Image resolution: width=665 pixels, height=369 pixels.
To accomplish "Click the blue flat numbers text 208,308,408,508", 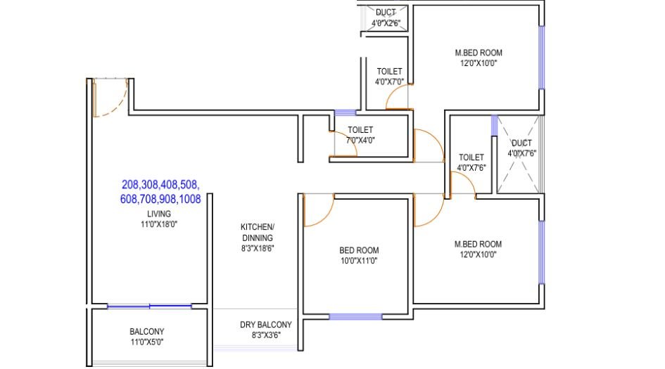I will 160,185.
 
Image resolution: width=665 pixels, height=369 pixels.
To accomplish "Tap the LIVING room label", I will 159,214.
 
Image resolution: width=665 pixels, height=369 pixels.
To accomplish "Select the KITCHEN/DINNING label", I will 258,232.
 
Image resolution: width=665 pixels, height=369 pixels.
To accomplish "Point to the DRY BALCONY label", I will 265,325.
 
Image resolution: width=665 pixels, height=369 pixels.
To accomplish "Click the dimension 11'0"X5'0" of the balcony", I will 147,342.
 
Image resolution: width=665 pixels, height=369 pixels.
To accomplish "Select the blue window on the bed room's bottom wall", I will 355,316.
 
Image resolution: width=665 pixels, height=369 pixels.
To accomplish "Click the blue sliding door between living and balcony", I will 149,306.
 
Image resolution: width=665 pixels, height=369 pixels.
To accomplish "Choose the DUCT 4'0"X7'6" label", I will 521,148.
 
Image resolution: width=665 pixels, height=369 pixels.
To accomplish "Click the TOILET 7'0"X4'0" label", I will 360,134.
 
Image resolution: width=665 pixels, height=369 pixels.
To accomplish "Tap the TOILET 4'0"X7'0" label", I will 389,76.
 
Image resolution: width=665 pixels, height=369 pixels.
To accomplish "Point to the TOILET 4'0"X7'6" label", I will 471,162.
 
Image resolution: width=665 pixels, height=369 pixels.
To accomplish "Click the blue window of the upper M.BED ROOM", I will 541,58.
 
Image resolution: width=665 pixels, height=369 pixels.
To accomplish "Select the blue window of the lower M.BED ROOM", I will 541,252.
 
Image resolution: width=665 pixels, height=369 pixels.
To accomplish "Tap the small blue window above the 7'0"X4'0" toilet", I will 345,112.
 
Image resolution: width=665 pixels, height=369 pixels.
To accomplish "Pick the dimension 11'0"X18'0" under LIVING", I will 159,224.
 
